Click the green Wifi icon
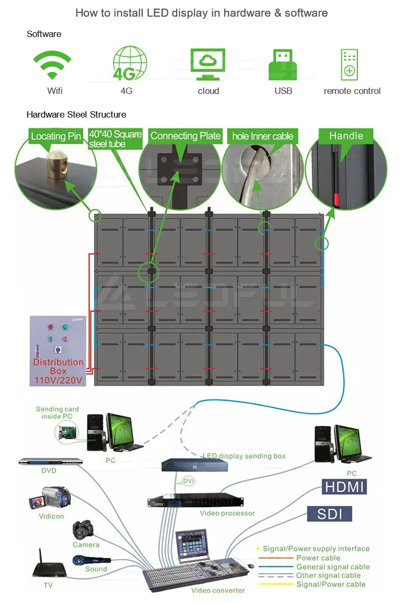[52, 65]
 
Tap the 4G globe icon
[129, 64]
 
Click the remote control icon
[349, 65]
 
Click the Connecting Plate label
[185, 136]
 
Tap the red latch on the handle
[337, 200]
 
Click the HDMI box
[344, 487]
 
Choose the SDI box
[330, 513]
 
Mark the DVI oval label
[189, 482]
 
